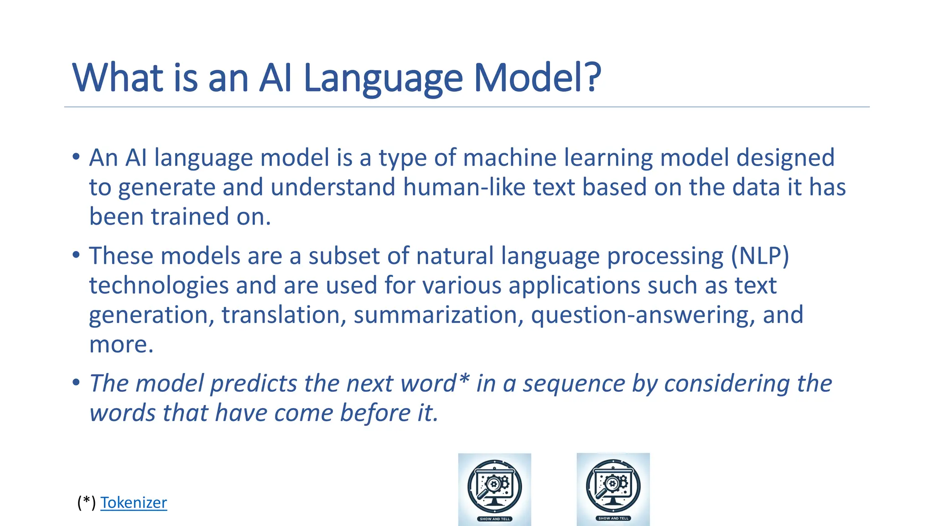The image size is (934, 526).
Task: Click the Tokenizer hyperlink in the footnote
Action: (134, 503)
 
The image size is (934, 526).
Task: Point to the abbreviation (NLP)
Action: (760, 256)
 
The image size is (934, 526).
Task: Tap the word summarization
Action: (438, 315)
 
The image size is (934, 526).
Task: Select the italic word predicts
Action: (254, 384)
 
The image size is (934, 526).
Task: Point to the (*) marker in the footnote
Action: (87, 503)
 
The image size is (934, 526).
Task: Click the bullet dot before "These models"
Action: (76, 255)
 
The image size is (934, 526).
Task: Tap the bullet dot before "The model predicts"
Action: (76, 383)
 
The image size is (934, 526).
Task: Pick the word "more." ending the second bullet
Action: (121, 345)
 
